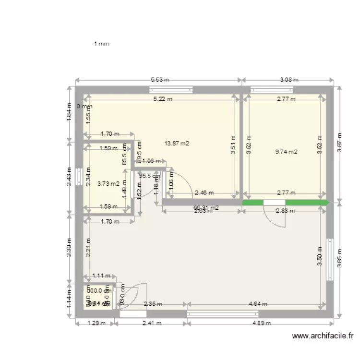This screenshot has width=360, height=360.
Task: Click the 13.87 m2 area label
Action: point(177,143)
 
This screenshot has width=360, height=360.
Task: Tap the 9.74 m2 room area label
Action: point(286,152)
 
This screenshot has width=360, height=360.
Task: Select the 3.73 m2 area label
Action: point(108,183)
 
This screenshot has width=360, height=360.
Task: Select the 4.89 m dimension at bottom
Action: point(262,323)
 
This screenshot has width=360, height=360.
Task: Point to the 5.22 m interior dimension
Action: point(162,99)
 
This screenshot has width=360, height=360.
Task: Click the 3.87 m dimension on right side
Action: point(339,143)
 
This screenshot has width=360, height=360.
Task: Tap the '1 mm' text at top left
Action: point(101,44)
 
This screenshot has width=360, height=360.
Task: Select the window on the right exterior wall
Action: point(330,260)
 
